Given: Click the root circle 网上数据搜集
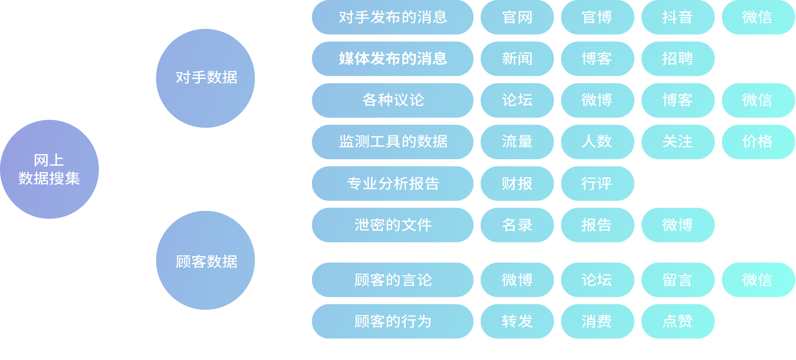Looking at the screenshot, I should [x=49, y=169].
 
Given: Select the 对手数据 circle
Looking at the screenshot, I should [x=205, y=78].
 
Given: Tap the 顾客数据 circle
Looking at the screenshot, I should [x=205, y=260].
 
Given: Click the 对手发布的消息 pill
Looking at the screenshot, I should [x=392, y=18].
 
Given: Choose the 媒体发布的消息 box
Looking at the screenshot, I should [x=392, y=59].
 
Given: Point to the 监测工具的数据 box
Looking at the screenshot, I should [x=392, y=142].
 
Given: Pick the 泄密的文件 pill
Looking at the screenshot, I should [x=392, y=225].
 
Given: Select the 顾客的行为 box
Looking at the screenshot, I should [x=392, y=321].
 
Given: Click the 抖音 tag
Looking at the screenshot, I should [x=678, y=18].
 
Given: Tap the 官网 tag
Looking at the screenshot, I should [x=517, y=18].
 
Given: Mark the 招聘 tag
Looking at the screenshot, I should [x=678, y=59].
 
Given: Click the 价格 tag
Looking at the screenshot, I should [x=758, y=142].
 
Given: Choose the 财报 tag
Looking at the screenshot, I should [x=517, y=184].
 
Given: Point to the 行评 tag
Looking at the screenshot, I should [x=597, y=184].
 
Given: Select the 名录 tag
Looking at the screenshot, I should [x=517, y=225].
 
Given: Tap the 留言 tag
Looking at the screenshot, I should [x=678, y=280].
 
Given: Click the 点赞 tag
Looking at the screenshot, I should [x=678, y=321].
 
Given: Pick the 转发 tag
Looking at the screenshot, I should [x=517, y=321].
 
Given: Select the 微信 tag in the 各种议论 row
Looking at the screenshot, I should [x=758, y=100].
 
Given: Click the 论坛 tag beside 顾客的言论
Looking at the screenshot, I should [x=597, y=280].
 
